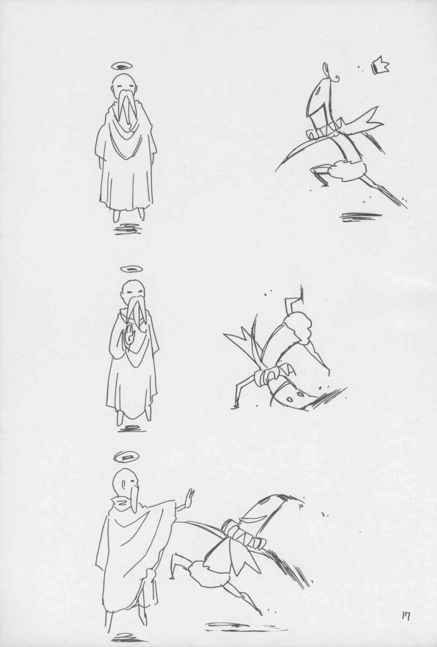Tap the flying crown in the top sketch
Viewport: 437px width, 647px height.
pyautogui.click(x=380, y=66)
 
